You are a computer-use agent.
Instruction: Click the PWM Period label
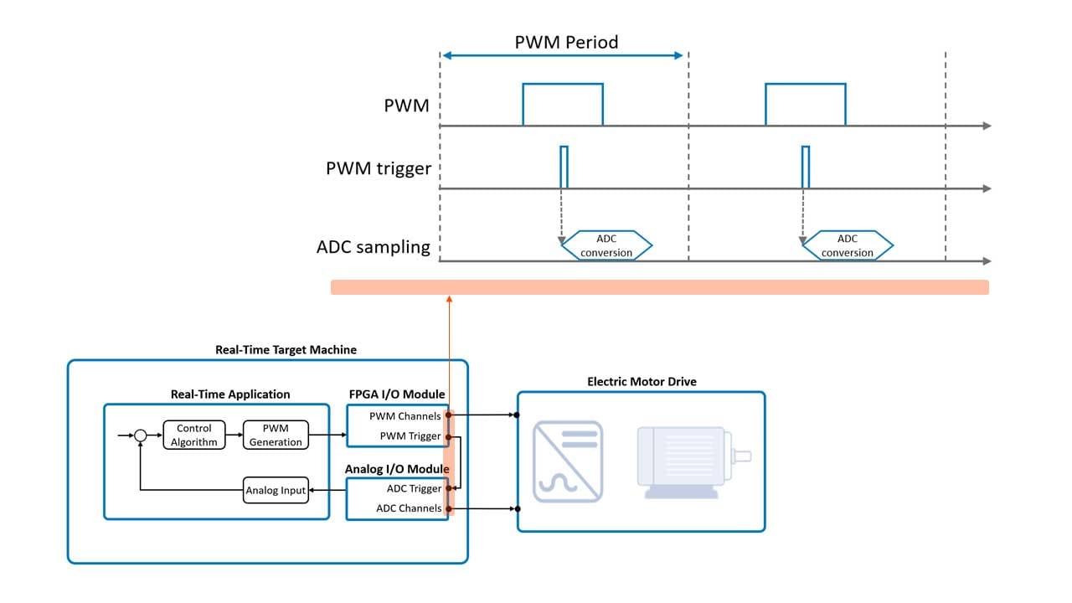click(566, 42)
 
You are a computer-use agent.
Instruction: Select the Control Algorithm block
click(194, 435)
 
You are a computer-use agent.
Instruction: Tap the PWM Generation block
click(276, 435)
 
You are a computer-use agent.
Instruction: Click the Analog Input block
click(276, 491)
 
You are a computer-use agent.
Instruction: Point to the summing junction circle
click(141, 435)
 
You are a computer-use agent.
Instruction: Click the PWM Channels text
click(405, 415)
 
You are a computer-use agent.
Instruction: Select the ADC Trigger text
click(414, 489)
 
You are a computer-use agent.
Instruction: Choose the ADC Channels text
click(409, 508)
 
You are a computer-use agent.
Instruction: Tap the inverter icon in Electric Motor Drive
click(568, 461)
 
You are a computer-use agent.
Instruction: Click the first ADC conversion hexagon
click(606, 245)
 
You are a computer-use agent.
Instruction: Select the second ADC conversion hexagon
click(847, 245)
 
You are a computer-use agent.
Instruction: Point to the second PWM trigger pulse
click(806, 167)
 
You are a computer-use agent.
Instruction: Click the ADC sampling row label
click(373, 247)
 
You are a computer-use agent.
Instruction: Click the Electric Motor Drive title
click(642, 382)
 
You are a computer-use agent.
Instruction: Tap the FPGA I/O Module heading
click(397, 394)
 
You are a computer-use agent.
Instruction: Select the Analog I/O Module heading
click(397, 469)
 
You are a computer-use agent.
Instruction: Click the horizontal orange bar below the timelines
click(659, 287)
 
